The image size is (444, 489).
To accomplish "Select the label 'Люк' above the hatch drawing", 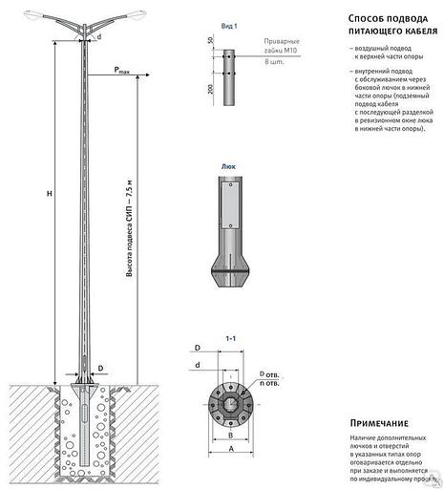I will click(x=227, y=164).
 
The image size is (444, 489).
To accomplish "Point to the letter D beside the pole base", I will click(x=99, y=366).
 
